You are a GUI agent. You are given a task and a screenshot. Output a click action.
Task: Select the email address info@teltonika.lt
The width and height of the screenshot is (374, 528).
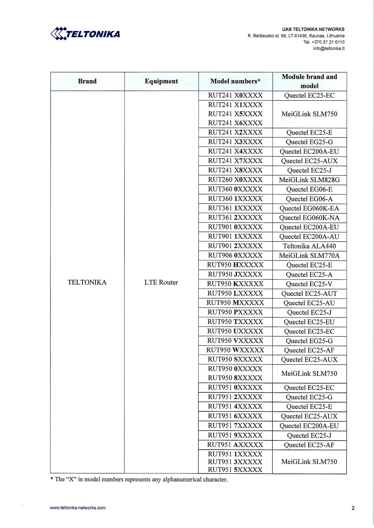click(329, 48)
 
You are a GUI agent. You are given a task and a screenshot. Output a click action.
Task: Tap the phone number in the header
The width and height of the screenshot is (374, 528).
click(324, 42)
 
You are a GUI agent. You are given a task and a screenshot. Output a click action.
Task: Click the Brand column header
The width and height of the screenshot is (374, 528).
click(87, 81)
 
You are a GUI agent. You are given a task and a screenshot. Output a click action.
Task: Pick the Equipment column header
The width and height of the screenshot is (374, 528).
click(161, 81)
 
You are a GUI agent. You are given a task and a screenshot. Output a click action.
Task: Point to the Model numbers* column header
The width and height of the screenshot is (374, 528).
click(235, 81)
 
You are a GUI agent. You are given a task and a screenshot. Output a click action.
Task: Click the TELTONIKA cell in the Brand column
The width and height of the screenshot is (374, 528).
click(87, 282)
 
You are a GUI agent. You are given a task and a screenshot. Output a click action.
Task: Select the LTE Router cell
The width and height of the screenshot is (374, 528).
click(161, 282)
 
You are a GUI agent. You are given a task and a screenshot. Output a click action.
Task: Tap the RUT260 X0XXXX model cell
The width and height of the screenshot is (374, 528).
click(235, 180)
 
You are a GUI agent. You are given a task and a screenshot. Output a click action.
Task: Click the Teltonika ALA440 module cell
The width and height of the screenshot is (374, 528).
click(309, 246)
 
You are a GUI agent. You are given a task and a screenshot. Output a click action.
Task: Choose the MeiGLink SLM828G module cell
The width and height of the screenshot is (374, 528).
click(309, 180)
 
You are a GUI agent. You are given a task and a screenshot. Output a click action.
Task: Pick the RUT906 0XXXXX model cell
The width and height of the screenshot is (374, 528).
click(235, 256)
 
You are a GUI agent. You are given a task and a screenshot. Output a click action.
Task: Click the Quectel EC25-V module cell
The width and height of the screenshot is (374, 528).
click(309, 284)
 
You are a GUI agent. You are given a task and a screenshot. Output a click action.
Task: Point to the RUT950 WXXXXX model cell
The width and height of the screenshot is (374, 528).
click(235, 350)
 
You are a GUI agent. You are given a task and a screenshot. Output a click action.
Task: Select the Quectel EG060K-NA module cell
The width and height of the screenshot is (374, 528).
click(309, 218)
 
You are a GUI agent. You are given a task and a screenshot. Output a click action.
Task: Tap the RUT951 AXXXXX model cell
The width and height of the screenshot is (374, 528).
click(235, 445)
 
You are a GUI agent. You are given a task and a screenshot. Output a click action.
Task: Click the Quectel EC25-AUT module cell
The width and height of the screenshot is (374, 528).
click(309, 294)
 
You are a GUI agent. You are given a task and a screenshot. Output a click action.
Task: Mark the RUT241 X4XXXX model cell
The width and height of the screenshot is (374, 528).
click(235, 151)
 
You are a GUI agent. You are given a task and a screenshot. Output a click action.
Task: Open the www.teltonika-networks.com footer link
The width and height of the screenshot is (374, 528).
click(78, 508)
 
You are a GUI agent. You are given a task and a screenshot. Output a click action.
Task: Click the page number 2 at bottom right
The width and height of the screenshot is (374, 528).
click(353, 508)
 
